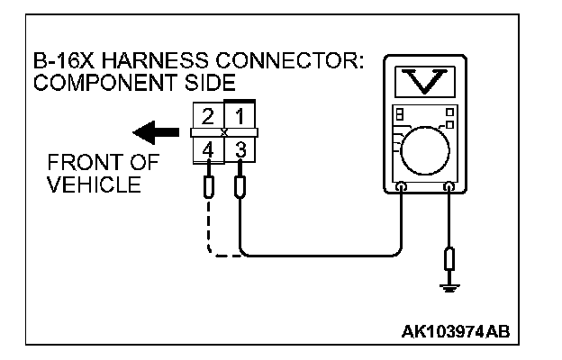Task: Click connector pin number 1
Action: coord(240,116)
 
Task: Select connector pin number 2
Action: coord(208,116)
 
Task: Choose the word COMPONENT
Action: coord(100,84)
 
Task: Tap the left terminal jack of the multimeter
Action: coord(401,188)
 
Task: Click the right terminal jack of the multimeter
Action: coord(449,188)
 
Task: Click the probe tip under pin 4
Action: coord(209,187)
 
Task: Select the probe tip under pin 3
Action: coord(240,187)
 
